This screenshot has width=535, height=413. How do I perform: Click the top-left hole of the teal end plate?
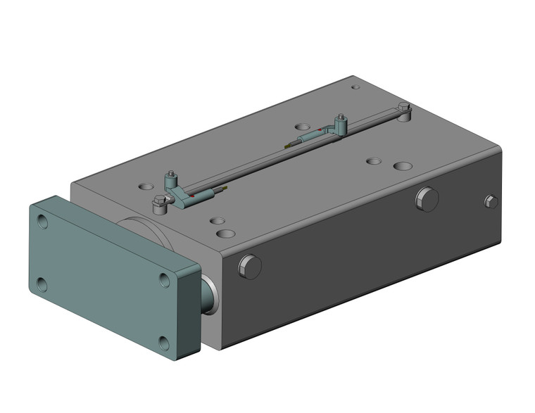coord(44,222)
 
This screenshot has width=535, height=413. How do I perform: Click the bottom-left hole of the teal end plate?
coord(42,284)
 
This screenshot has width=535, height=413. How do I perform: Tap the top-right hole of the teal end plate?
coord(165,280)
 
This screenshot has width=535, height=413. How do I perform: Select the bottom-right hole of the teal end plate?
coord(164,343)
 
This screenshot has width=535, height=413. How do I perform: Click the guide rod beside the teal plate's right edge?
coord(209,294)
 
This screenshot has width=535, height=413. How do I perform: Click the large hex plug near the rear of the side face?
coord(427,198)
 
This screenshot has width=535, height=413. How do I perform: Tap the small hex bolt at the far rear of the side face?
coord(491,201)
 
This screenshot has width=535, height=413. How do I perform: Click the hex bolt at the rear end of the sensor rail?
coord(403,109)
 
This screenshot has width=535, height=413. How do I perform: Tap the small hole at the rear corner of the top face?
coord(355,88)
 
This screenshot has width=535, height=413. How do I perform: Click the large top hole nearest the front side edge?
coord(226,233)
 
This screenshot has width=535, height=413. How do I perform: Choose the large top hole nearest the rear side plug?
coord(403,167)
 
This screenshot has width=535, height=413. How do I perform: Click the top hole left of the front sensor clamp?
coord(146,187)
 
